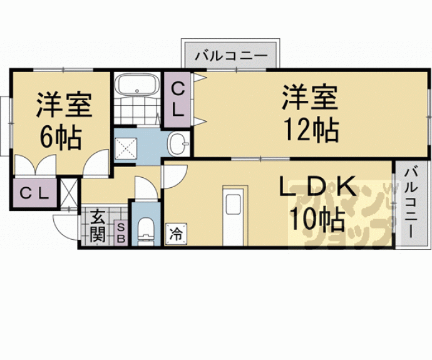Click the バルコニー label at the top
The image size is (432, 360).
[230, 56]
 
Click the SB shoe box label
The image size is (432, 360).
[121, 232]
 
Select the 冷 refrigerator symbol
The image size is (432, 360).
[176, 235]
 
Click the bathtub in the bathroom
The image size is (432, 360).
[137, 85]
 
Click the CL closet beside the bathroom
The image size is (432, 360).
[178, 99]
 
